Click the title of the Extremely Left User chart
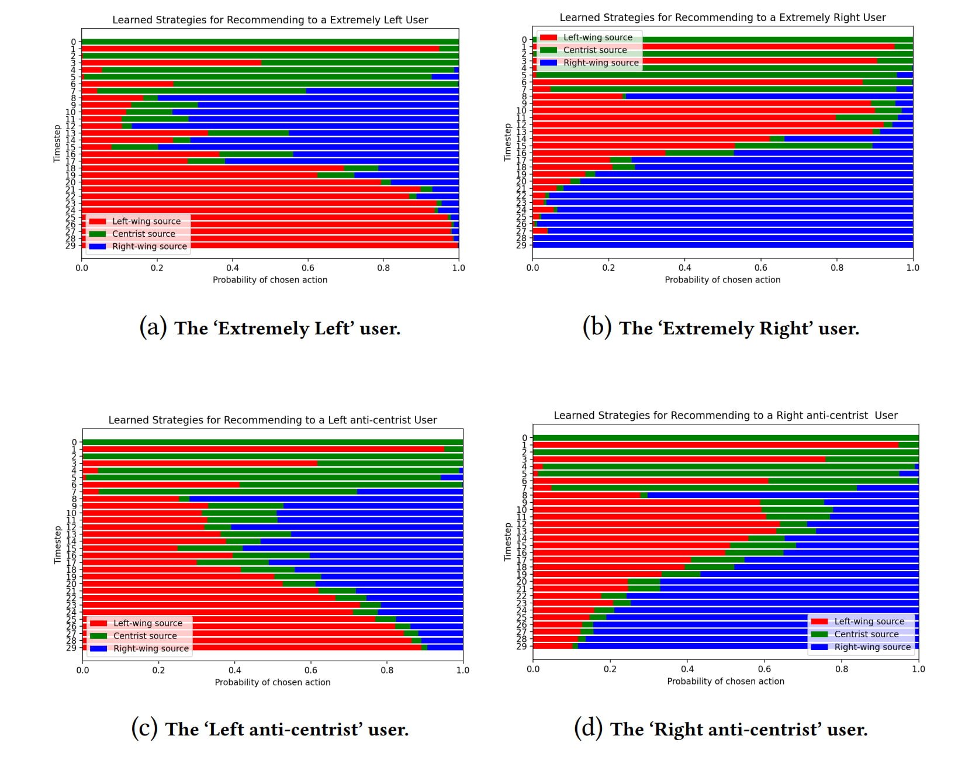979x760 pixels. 270,20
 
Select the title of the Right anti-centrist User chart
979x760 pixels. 725,416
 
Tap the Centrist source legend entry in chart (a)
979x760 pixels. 143,234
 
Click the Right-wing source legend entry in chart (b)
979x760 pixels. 601,63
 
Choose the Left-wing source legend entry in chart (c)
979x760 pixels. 148,623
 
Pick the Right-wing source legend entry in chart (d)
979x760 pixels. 872,647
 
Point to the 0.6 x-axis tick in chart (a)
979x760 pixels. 308,268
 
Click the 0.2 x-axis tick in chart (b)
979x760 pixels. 608,268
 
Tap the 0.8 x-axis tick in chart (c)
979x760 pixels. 387,670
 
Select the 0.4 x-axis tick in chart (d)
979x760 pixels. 687,669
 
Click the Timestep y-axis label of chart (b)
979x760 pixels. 507,142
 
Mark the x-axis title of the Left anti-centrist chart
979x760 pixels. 272,682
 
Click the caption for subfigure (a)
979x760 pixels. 270,328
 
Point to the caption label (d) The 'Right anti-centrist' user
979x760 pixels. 721,729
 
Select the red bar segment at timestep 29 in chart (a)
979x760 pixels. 292,246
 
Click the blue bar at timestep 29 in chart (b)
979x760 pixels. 722,245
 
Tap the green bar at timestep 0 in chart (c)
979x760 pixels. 272,443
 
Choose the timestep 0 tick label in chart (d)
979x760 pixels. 524,438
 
